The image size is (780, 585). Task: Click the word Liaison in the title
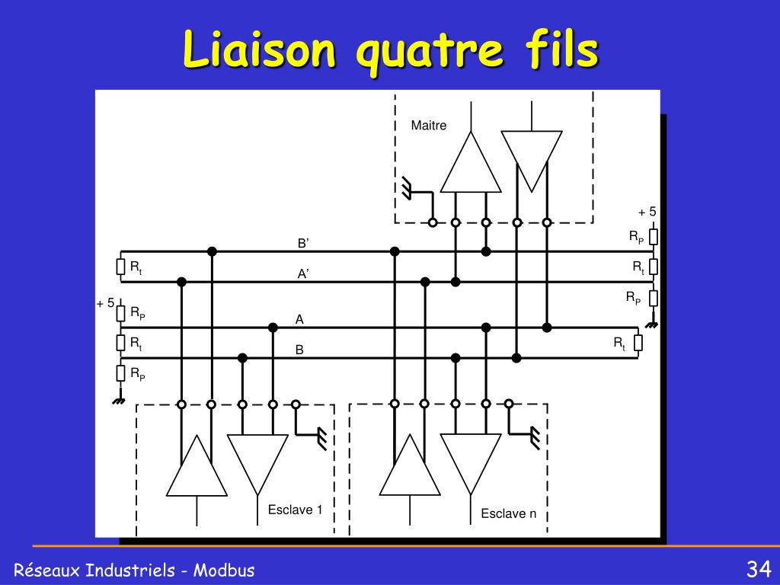[x=259, y=50]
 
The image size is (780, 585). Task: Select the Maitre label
[x=428, y=126]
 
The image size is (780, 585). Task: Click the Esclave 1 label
[x=295, y=510]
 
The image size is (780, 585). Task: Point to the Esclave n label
[x=508, y=513]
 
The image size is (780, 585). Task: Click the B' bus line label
[x=303, y=243]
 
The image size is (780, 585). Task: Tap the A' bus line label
[x=303, y=273]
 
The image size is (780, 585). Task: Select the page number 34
[x=758, y=568]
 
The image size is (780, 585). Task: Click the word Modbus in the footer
[x=224, y=570]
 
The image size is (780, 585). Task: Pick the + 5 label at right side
[x=647, y=212]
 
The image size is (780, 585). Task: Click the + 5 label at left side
[x=105, y=303]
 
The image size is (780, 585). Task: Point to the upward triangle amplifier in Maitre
[x=471, y=161]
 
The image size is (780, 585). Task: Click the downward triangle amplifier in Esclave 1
[x=257, y=464]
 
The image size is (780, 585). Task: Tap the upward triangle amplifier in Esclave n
[x=410, y=465]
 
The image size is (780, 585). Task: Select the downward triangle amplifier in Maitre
[x=531, y=161]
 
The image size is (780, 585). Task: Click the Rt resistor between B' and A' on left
[x=120, y=267]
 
